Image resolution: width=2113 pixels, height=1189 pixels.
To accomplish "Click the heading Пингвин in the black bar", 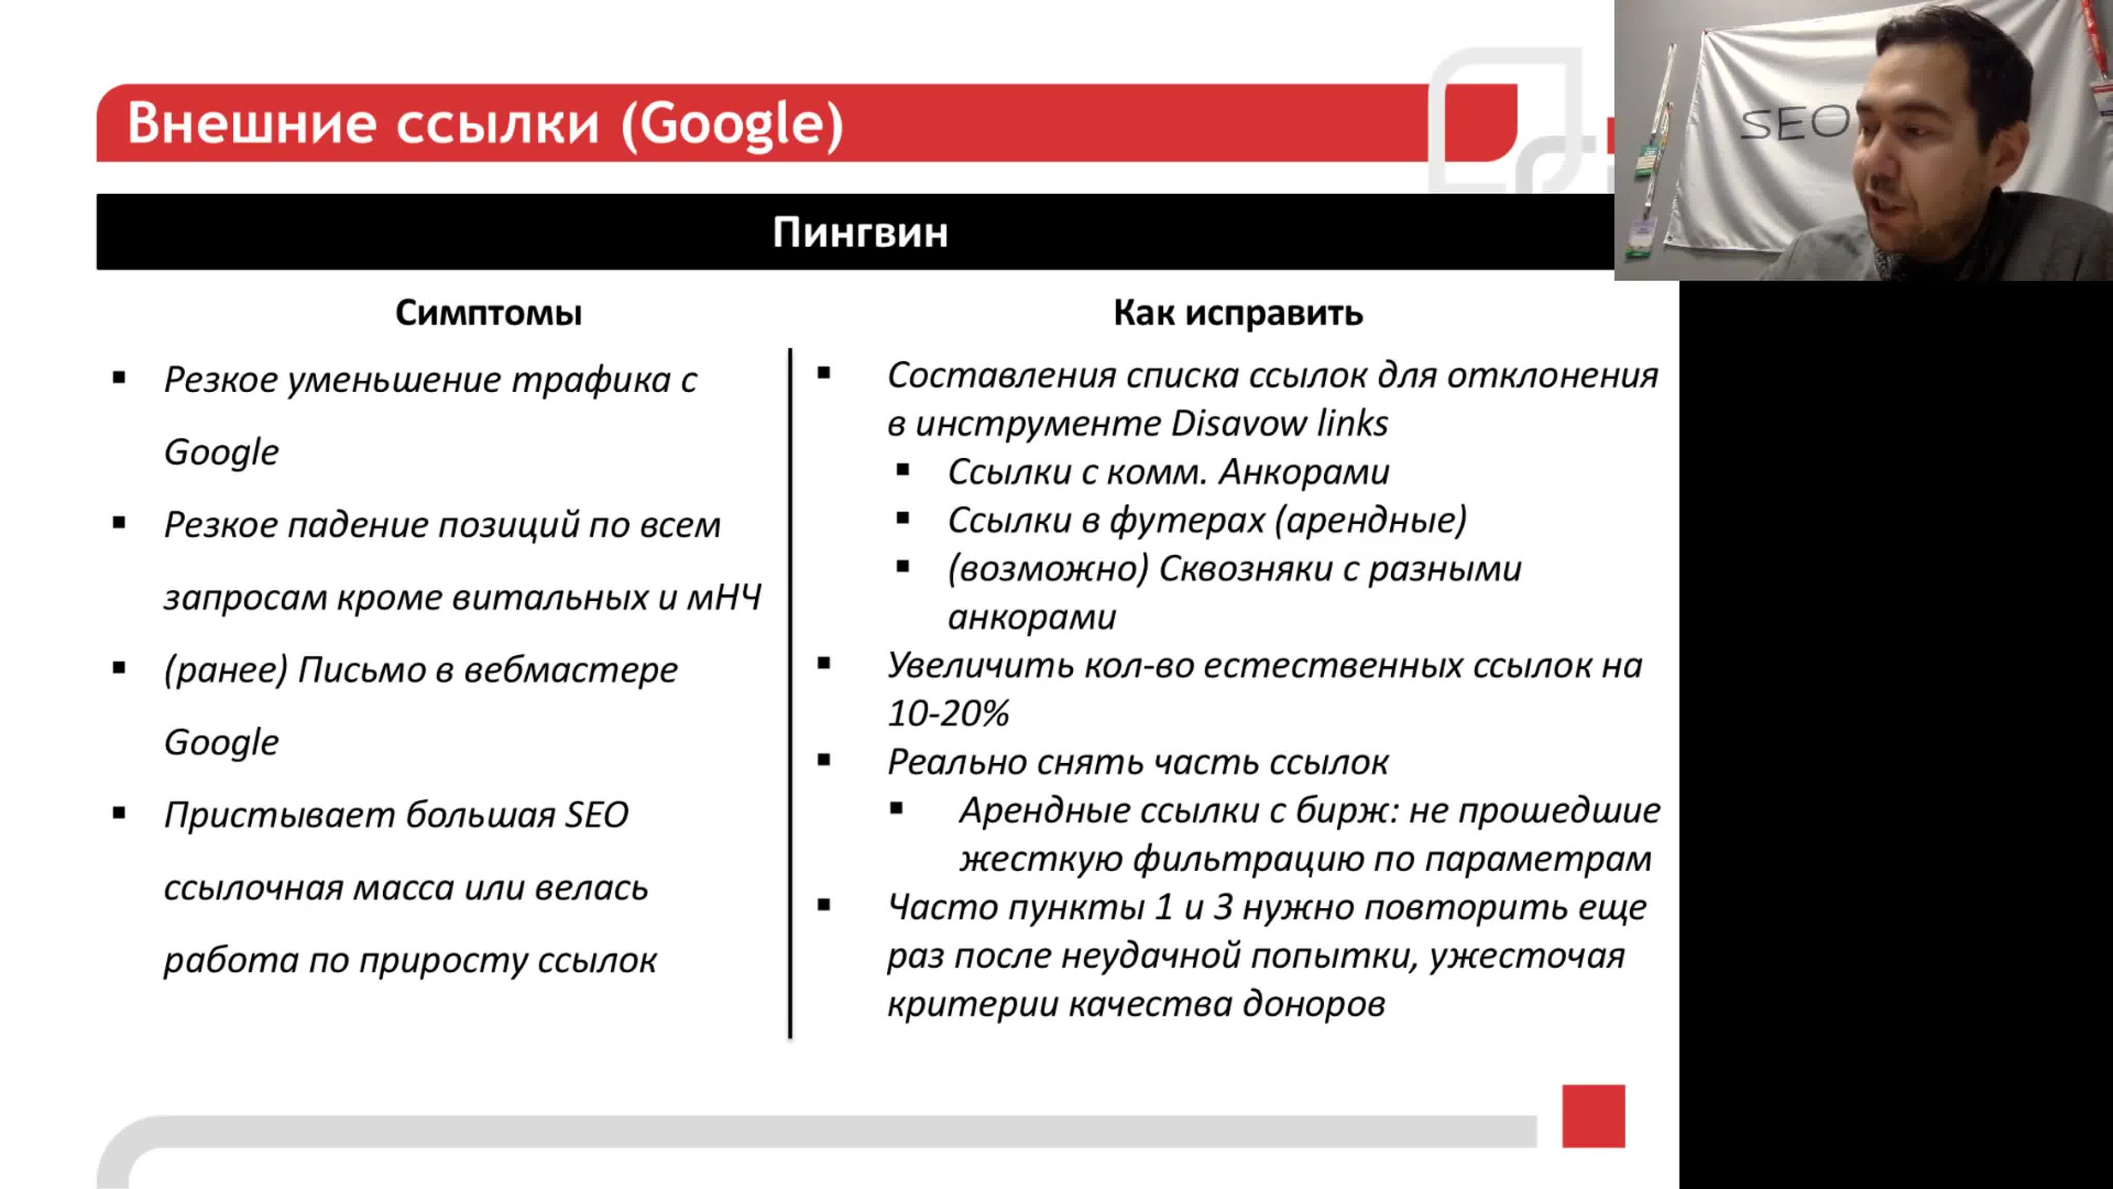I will [859, 232].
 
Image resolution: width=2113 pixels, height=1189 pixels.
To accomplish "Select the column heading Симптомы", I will [488, 313].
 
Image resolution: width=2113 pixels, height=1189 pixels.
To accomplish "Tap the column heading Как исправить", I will [1238, 313].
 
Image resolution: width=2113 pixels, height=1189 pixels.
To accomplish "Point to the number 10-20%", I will [948, 713].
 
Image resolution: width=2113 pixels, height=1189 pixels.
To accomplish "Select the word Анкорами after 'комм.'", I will [1304, 472].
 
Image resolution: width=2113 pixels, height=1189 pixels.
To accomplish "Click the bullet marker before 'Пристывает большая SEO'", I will [120, 814].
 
